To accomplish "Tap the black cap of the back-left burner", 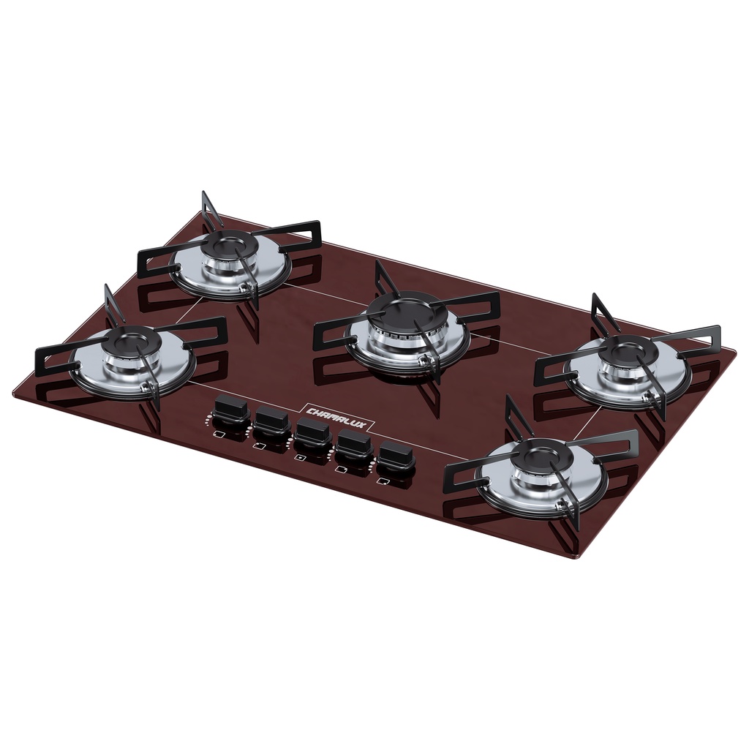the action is pos(228,244).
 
